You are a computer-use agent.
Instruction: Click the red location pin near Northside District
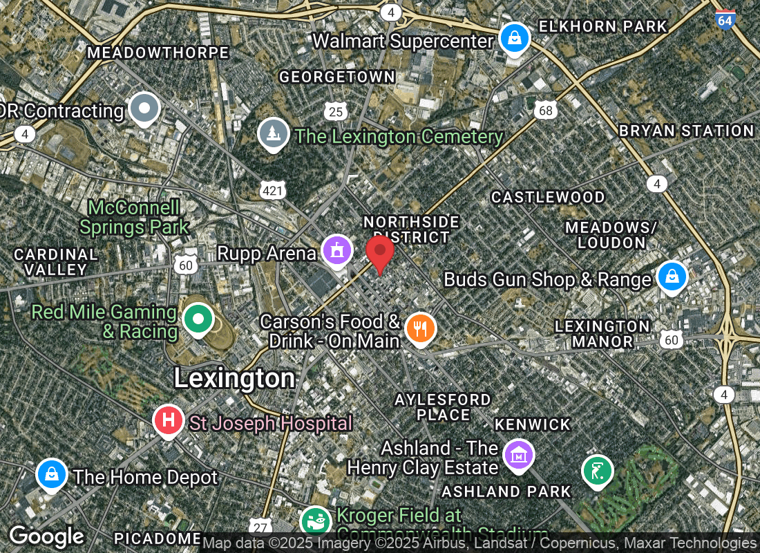(x=379, y=253)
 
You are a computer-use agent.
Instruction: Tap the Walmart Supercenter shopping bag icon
(x=515, y=39)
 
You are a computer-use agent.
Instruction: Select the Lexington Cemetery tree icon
(x=274, y=133)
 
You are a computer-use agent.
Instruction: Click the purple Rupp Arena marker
(x=336, y=250)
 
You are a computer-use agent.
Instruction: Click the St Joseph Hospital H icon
(x=169, y=420)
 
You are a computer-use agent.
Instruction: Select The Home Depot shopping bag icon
(x=52, y=474)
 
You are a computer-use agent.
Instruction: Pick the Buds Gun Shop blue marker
(x=671, y=276)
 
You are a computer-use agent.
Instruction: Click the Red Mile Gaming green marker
(x=198, y=319)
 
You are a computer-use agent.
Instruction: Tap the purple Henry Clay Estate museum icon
(x=519, y=455)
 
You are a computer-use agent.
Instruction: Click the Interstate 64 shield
(x=724, y=19)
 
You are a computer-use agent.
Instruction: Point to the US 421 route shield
(x=272, y=190)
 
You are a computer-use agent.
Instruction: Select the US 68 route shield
(x=545, y=110)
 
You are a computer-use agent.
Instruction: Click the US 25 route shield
(x=336, y=111)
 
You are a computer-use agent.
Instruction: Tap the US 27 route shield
(x=260, y=527)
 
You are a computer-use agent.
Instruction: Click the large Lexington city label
(x=234, y=378)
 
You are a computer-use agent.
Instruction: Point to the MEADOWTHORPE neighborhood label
(x=158, y=53)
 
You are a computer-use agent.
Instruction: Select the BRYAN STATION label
(x=686, y=131)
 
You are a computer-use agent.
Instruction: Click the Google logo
(x=46, y=536)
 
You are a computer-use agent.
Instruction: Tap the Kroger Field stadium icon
(x=316, y=521)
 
